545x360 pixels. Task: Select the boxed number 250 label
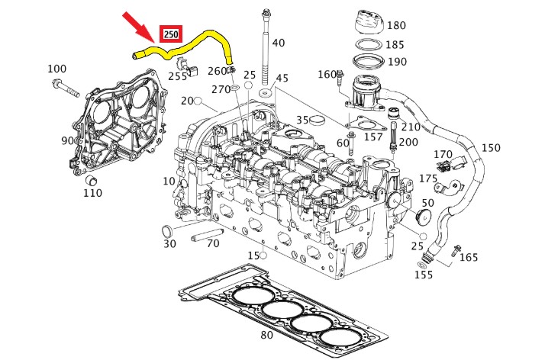click(x=170, y=34)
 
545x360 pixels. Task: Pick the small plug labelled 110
click(x=91, y=180)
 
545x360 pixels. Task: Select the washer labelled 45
click(x=266, y=93)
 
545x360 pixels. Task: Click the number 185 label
click(x=397, y=45)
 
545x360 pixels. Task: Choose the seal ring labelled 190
click(x=367, y=60)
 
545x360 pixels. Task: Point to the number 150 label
click(x=491, y=148)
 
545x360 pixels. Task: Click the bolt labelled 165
click(x=456, y=249)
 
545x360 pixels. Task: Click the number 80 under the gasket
click(x=266, y=334)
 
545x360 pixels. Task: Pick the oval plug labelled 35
click(x=319, y=120)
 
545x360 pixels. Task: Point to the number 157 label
click(x=373, y=137)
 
